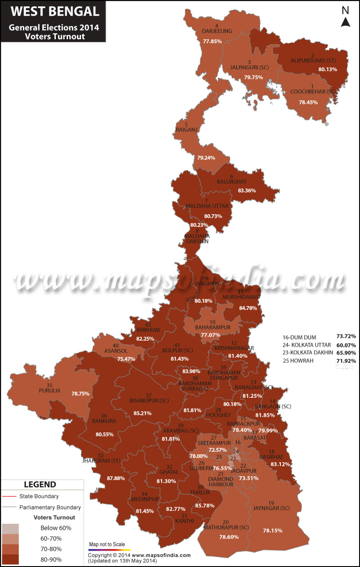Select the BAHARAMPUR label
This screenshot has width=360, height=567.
[213, 327]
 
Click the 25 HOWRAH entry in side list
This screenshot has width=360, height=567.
[298, 361]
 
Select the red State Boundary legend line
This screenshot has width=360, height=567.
[9, 496]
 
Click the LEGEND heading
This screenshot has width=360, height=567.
[40, 484]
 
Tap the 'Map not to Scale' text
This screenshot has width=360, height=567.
[107, 545]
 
